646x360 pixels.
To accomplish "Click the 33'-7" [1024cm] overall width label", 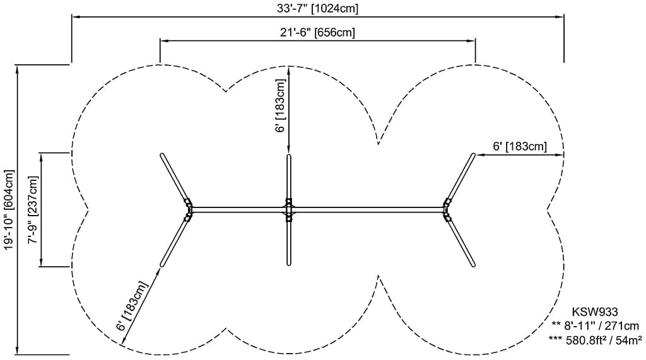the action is pyautogui.click(x=318, y=8).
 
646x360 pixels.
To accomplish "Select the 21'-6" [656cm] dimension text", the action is pyautogui.click(x=318, y=32).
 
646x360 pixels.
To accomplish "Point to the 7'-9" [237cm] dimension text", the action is pyautogui.click(x=33, y=210).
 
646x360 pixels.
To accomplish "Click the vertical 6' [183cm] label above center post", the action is pyautogui.click(x=280, y=106).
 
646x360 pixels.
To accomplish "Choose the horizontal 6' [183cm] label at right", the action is pyautogui.click(x=520, y=146).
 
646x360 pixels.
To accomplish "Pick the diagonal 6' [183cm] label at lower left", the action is pyautogui.click(x=132, y=306).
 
